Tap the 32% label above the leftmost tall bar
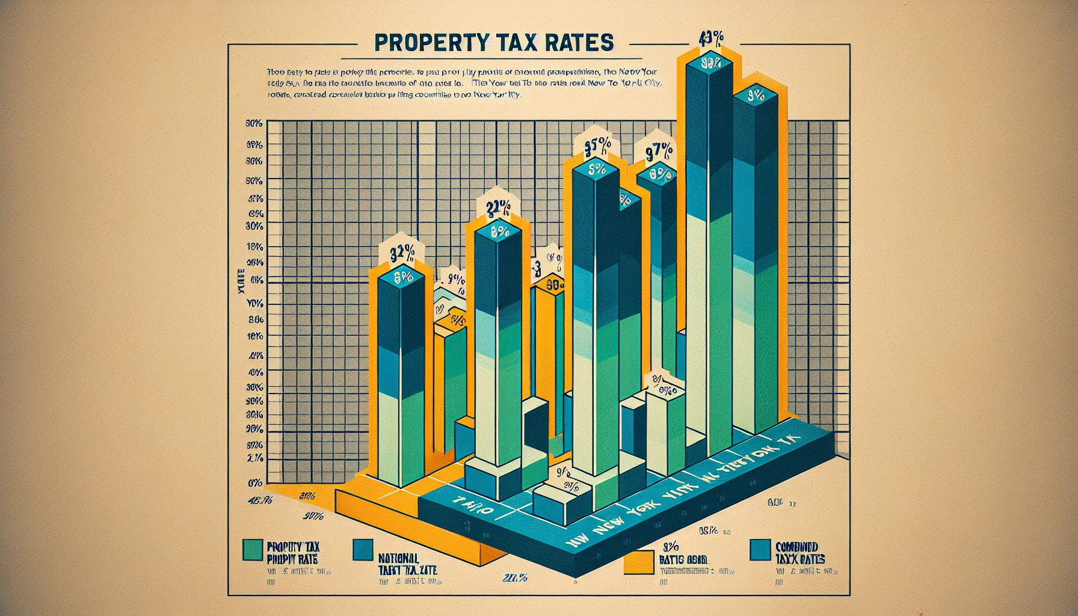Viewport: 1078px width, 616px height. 401,254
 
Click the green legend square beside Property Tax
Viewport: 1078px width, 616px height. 251,550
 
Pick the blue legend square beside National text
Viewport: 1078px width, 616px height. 364,549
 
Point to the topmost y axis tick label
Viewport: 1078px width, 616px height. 253,123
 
